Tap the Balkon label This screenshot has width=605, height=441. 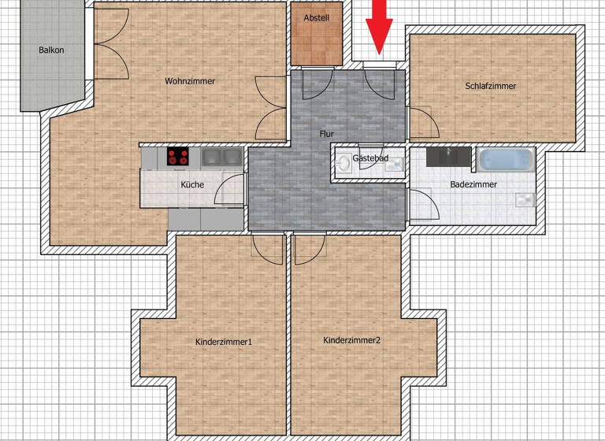click(x=51, y=50)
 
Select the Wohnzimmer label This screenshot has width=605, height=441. click(x=190, y=81)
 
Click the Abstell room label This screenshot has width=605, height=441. click(x=316, y=18)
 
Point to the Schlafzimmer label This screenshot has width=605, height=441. click(x=491, y=86)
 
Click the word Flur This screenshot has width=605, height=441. click(x=326, y=134)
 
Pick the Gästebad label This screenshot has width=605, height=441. click(x=369, y=158)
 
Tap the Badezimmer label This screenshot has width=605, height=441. click(x=473, y=184)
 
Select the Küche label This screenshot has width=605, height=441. click(x=192, y=184)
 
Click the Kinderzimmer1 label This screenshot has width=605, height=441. click(x=223, y=342)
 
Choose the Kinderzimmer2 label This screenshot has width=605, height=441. click(x=352, y=340)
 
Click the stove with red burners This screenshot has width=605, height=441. click(x=179, y=157)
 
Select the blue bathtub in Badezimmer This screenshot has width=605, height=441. click(x=507, y=160)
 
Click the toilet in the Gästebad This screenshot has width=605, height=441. click(x=343, y=165)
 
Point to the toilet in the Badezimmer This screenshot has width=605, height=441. click(x=525, y=198)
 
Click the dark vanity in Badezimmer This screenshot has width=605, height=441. click(x=449, y=156)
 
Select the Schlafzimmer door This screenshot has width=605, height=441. click(x=418, y=122)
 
